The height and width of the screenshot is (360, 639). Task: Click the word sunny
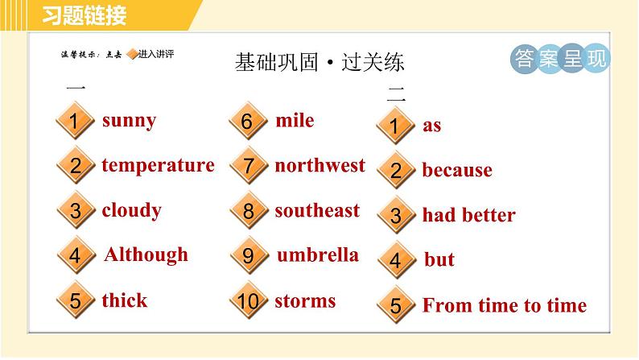pyautogui.click(x=129, y=121)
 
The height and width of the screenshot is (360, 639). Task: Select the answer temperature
pyautogui.click(x=158, y=165)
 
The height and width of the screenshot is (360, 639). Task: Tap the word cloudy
pyautogui.click(x=131, y=210)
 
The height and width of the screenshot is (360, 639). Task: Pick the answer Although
pyautogui.click(x=146, y=254)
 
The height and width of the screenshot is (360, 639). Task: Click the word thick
pyautogui.click(x=124, y=300)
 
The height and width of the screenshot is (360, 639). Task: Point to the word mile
pyautogui.click(x=295, y=121)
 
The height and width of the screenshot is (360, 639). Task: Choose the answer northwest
pyautogui.click(x=319, y=165)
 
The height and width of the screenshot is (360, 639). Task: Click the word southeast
pyautogui.click(x=317, y=210)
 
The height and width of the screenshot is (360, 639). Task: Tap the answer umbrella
pyautogui.click(x=317, y=255)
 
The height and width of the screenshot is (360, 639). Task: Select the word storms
pyautogui.click(x=305, y=301)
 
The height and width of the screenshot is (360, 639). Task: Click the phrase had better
pyautogui.click(x=468, y=215)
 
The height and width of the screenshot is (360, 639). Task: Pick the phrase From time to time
pyautogui.click(x=504, y=305)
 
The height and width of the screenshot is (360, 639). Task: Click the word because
pyautogui.click(x=456, y=170)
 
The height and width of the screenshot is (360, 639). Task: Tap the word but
pyautogui.click(x=439, y=259)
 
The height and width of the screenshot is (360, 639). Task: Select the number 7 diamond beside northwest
pyautogui.click(x=247, y=167)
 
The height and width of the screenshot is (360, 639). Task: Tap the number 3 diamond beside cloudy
pyautogui.click(x=75, y=212)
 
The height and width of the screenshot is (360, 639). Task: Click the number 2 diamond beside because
pyautogui.click(x=395, y=171)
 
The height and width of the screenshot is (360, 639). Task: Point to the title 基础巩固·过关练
pyautogui.click(x=319, y=62)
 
